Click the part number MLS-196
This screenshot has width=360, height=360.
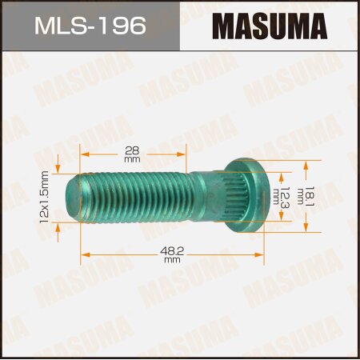pos(89,27)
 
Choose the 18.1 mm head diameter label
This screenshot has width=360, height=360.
pos(321,195)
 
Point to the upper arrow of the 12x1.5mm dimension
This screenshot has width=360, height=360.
pos(58,170)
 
